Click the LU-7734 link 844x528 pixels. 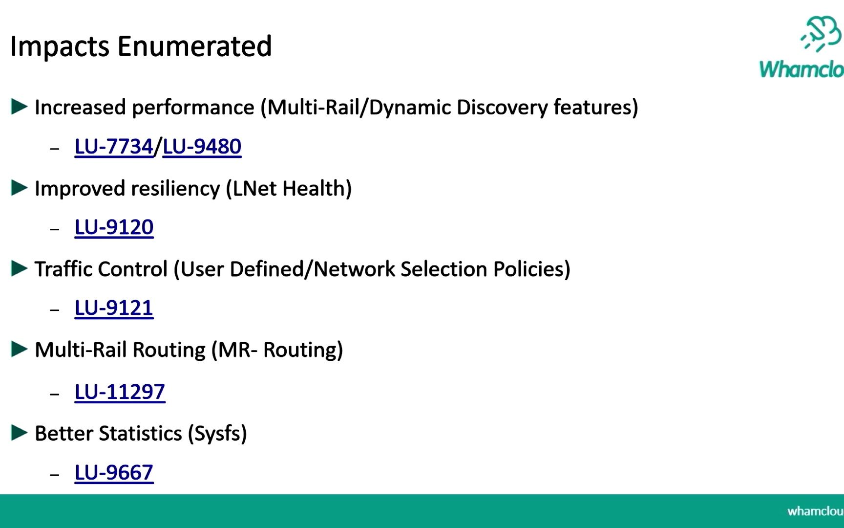pos(114,147)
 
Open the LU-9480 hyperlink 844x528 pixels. pos(202,147)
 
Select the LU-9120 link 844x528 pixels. pos(114,227)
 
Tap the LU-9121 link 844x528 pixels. pos(114,308)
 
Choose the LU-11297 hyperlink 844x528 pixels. pos(120,392)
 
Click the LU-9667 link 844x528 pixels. pos(114,473)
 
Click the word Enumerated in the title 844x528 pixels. pos(194,46)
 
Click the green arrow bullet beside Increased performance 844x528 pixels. pos(19,107)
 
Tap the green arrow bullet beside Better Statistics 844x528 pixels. pos(19,433)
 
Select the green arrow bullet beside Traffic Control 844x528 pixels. pos(19,268)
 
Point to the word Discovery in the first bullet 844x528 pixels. pos(502,108)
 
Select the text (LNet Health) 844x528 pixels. pos(289,189)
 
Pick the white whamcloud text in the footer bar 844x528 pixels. pos(815,511)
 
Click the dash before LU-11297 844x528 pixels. pos(55,394)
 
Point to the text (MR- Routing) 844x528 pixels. pos(277,351)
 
